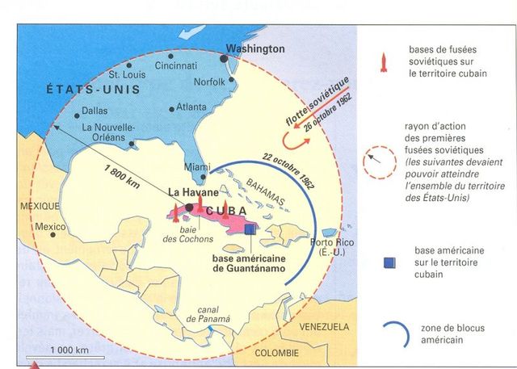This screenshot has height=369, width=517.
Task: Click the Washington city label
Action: [255, 48]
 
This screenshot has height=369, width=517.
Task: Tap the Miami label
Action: [193, 166]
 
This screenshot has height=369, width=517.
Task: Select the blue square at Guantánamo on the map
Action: [251, 229]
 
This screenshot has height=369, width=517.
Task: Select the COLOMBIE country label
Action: [276, 353]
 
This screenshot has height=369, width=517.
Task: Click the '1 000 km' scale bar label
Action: [52, 350]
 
